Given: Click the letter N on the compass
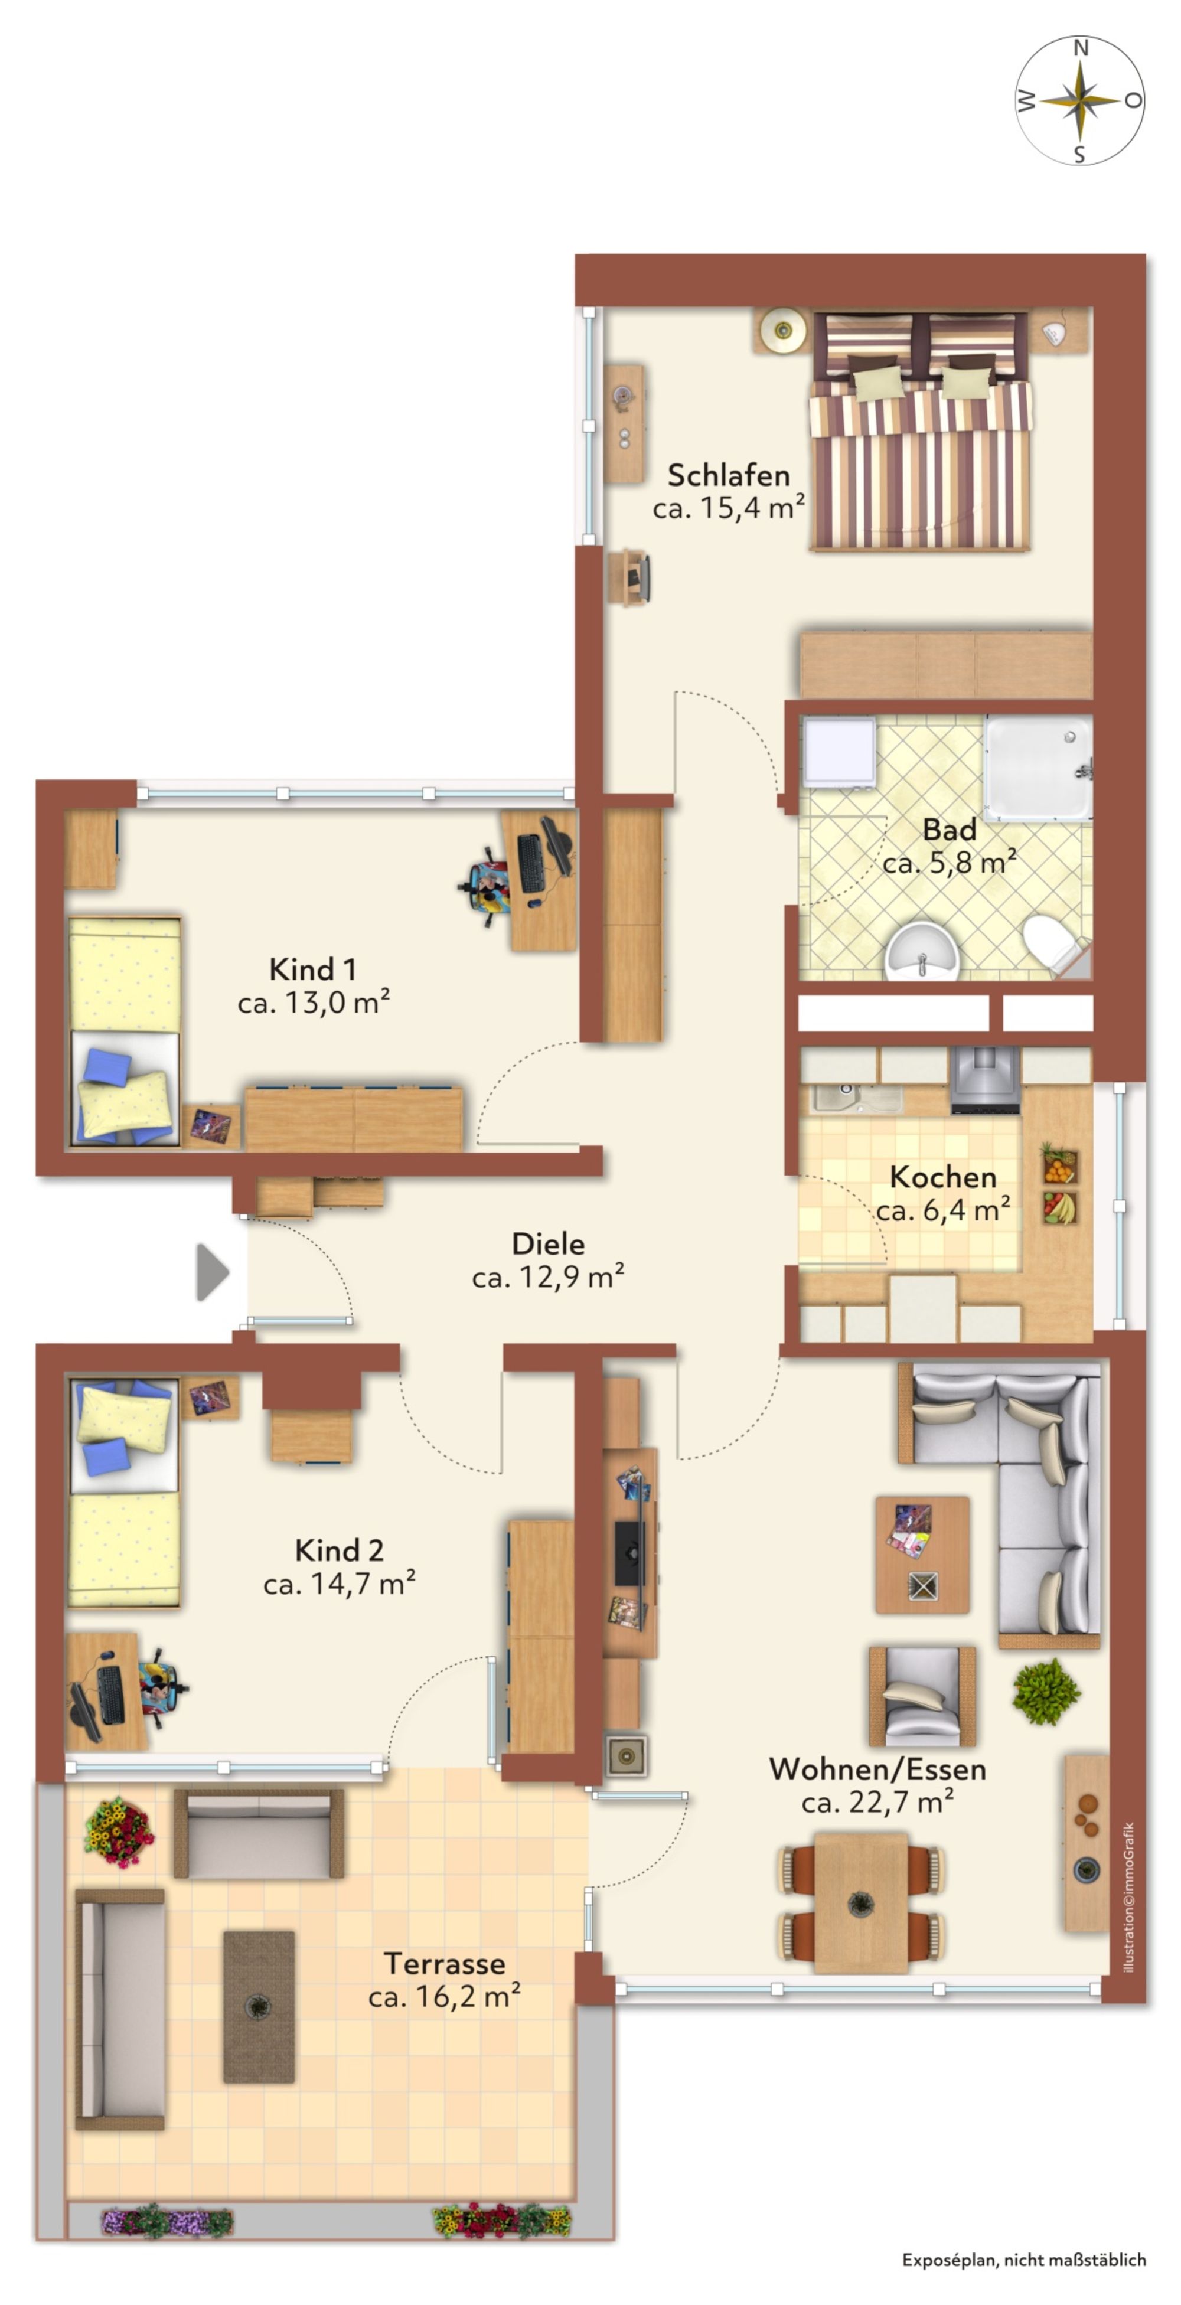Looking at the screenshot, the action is [x=1080, y=47].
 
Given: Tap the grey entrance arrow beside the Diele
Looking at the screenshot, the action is [x=212, y=1272].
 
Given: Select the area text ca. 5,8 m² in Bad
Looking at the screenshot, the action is [x=950, y=863].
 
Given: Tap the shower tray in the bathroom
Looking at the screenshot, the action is [x=1038, y=768].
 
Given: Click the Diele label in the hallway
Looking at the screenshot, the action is [x=547, y=1244].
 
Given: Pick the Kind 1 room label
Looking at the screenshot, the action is [x=312, y=969].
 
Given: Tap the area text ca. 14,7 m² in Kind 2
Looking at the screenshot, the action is [x=339, y=1584].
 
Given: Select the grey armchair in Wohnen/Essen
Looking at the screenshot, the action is [x=922, y=1696].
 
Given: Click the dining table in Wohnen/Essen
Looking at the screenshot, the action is [x=861, y=1901].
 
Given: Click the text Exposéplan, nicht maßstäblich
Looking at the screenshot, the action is [x=1023, y=2260].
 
